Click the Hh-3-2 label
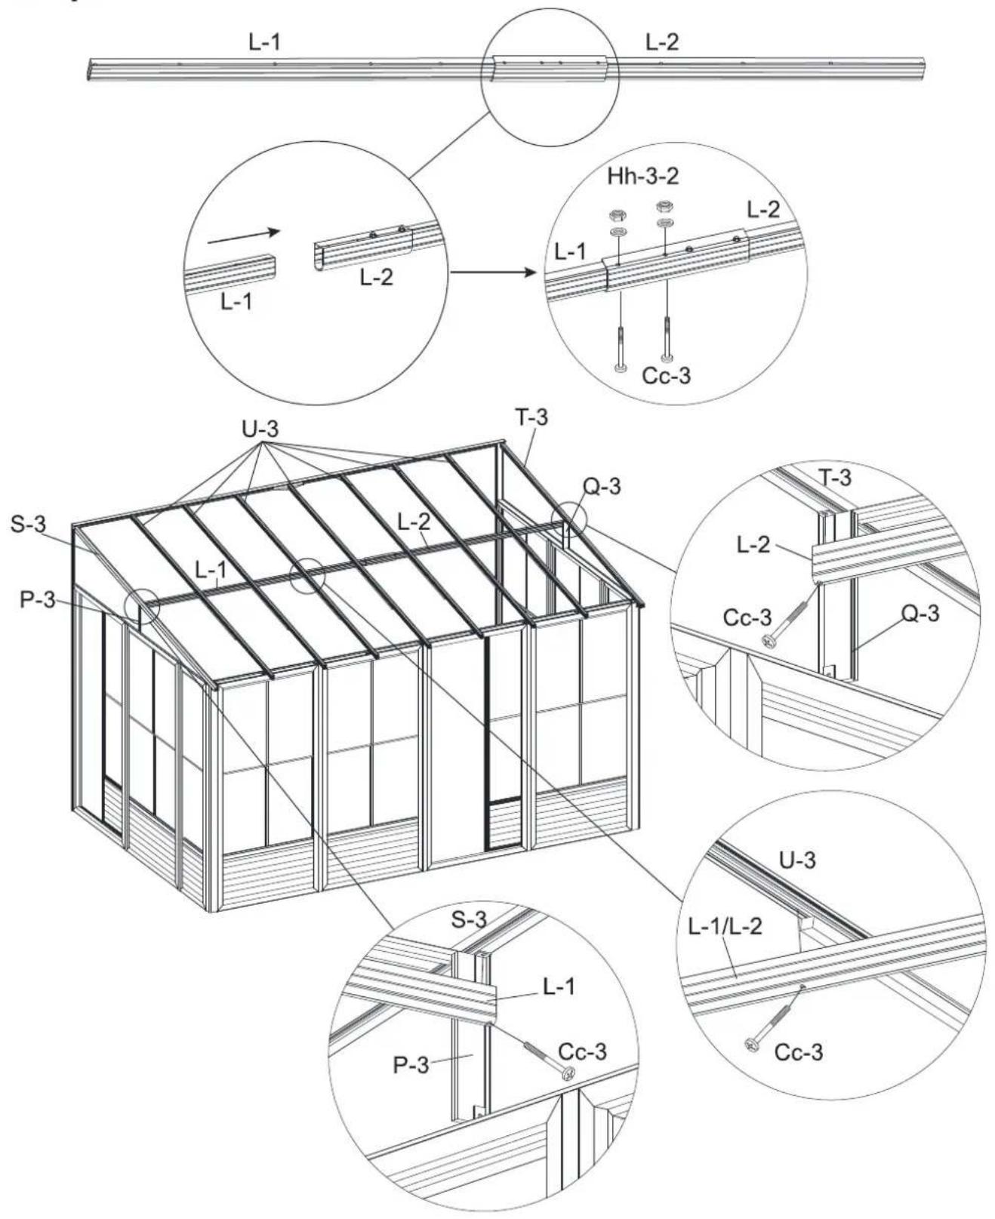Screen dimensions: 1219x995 pos(642,177)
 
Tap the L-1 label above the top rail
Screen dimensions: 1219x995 pos(265,43)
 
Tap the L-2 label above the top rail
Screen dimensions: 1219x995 pos(662,43)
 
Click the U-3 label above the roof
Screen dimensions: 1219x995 pos(260,430)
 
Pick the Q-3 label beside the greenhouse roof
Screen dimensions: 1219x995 pos(601,487)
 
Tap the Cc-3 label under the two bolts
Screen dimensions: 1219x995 pos(666,375)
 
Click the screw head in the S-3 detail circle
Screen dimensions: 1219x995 pos(567,1073)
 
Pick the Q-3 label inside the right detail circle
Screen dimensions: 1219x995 pos(921,614)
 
